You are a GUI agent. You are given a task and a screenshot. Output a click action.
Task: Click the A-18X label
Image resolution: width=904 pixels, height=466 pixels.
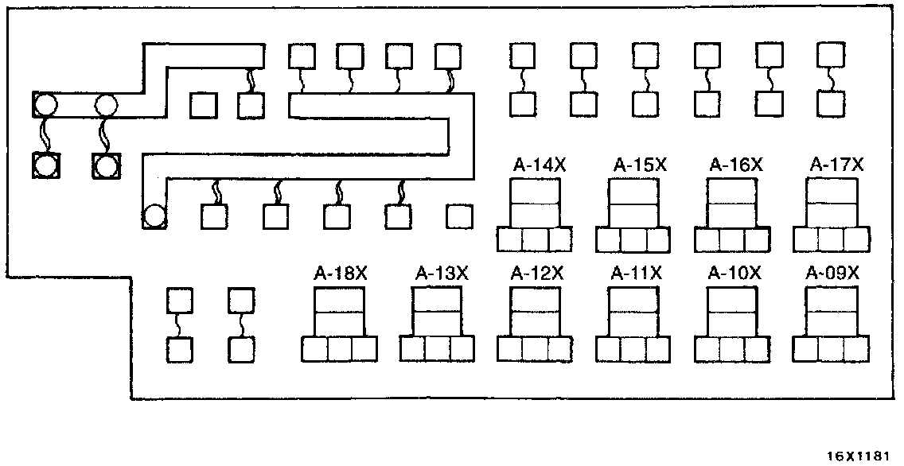click(340, 274)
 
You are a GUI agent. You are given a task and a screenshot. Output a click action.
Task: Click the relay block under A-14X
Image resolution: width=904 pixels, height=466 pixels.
click(534, 216)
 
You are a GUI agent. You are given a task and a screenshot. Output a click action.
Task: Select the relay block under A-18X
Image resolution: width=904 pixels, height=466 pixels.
click(340, 324)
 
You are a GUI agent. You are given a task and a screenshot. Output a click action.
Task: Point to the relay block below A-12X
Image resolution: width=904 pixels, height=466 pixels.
click(534, 324)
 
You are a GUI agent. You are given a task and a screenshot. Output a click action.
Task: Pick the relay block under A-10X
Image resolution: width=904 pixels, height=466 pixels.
click(731, 324)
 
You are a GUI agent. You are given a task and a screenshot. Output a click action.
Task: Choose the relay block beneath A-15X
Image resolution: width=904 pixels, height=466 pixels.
click(633, 216)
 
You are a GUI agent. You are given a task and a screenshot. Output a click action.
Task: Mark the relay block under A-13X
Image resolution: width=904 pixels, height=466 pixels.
click(437, 324)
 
